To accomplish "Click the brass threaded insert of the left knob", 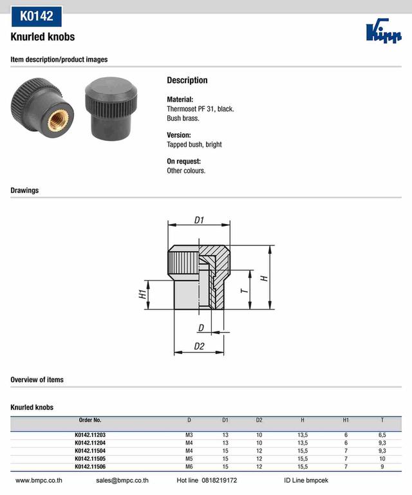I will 55,117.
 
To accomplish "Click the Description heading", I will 187,80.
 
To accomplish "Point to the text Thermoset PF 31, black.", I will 200,109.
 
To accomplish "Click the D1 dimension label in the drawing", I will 200,220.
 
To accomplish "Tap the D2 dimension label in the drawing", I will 200,346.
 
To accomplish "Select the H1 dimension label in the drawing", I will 142,294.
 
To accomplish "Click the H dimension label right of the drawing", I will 263,277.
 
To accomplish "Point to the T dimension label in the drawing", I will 244,290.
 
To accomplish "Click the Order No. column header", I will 89,420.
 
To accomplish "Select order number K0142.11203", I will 90,435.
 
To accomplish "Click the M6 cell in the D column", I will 189,466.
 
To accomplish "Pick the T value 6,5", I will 382,435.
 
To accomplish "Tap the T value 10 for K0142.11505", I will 382,458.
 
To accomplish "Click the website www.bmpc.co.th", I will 39,480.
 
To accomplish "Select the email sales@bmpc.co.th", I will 122,480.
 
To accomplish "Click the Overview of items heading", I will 37,380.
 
